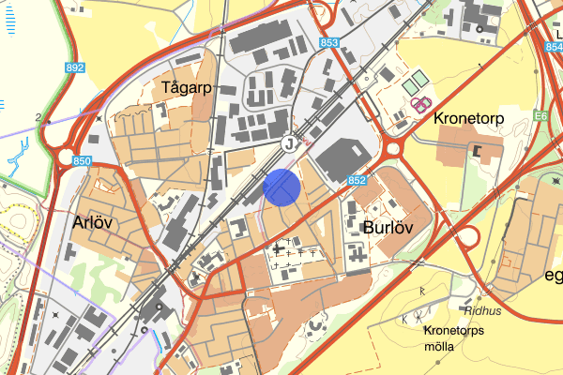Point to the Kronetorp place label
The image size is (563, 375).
pos(469,120)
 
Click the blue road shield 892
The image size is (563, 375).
pos(75,68)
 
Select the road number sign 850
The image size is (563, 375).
pos(83,162)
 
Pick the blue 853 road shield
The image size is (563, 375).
pos(328,43)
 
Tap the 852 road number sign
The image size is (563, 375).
pos(356,180)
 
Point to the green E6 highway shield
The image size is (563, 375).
pos(539,116)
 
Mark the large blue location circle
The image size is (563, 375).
pos(281,187)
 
